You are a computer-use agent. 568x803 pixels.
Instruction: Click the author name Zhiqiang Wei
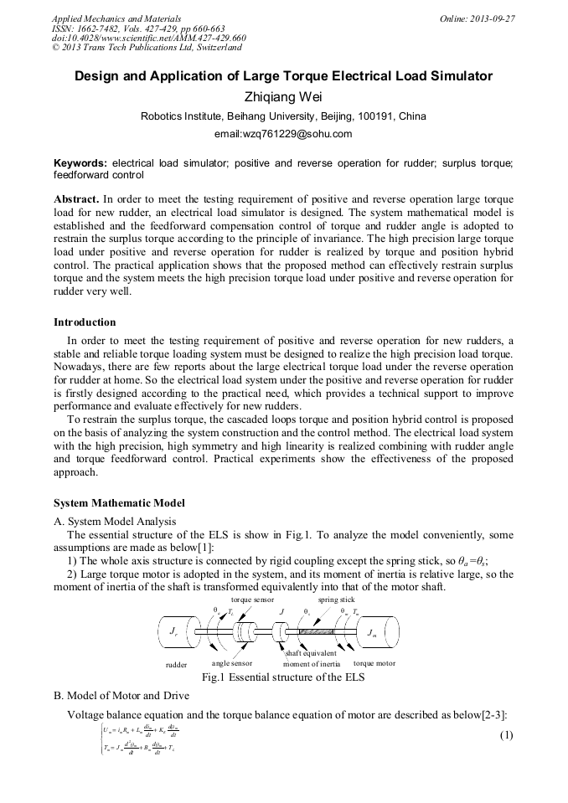(x=283, y=96)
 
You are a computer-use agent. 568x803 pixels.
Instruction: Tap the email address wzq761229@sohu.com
(x=283, y=133)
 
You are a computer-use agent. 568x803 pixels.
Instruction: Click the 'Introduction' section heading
(x=85, y=322)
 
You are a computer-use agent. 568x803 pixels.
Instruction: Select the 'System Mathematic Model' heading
(x=119, y=503)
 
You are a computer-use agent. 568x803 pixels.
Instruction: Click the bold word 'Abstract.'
(x=76, y=200)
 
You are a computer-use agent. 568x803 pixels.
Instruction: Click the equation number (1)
(x=505, y=735)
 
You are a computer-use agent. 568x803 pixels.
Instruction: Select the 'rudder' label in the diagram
(x=176, y=663)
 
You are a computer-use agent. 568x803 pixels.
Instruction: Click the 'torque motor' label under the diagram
(x=374, y=663)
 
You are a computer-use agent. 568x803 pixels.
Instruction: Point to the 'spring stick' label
(x=336, y=600)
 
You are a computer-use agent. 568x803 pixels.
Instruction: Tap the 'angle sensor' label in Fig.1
(x=232, y=663)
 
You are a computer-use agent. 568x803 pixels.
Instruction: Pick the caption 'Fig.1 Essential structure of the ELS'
(x=283, y=677)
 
